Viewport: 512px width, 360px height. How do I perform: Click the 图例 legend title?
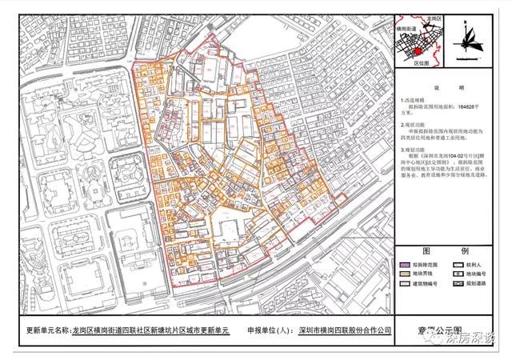point(441,250)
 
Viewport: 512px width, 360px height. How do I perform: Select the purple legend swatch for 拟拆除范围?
point(402,262)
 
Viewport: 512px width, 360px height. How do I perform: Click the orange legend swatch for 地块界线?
point(402,273)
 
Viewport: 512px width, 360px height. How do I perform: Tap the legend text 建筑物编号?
point(425,283)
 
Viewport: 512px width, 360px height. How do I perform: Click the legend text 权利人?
point(471,262)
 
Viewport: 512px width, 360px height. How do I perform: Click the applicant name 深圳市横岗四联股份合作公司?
point(345,329)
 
